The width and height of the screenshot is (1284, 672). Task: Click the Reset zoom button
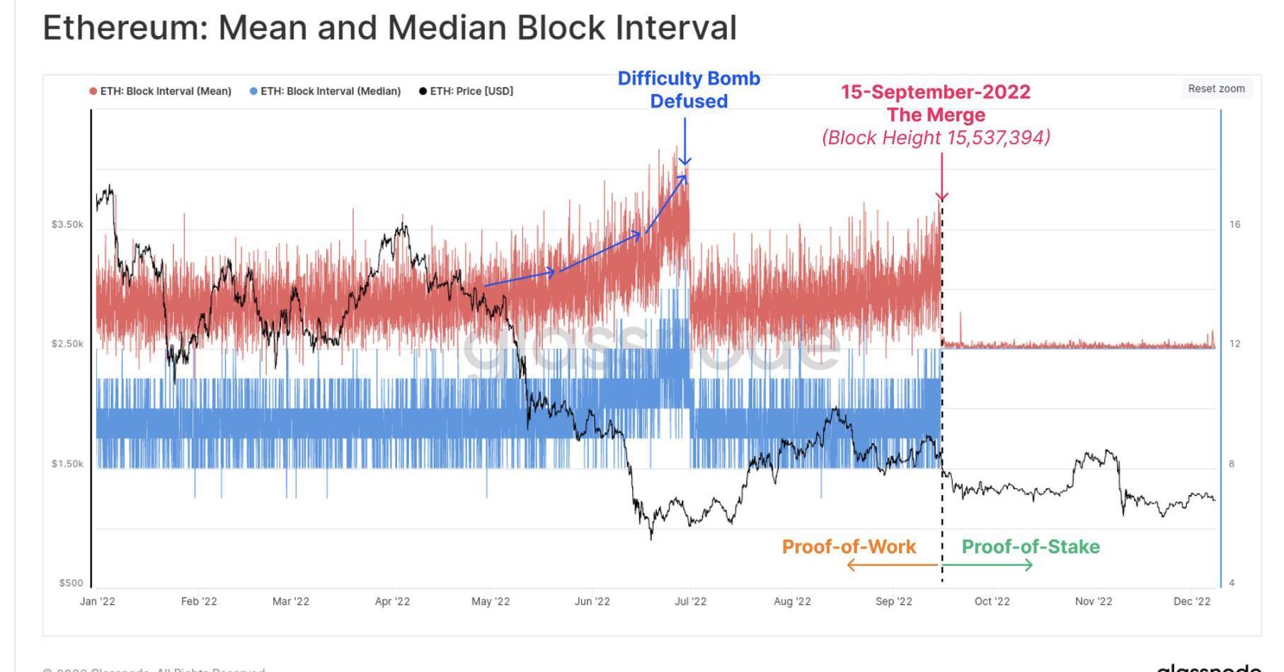1215,88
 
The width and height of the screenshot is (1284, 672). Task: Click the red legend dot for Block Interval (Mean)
93,91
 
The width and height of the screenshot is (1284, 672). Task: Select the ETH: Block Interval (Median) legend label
330,91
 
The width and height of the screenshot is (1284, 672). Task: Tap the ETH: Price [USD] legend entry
471,91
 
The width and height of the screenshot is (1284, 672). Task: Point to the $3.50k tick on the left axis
67,224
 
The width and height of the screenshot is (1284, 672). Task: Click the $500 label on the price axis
71,583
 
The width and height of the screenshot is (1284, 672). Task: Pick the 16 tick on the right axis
1234,224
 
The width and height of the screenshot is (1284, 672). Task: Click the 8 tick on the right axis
1232,464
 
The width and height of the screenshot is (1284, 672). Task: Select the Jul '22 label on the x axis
690,601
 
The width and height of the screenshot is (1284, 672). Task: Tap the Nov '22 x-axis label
1093,601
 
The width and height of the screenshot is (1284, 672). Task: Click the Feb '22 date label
199,601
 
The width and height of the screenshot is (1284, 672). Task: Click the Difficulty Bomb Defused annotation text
689,89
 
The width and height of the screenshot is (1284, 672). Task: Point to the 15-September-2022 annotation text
935,92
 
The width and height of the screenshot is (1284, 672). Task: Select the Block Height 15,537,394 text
936,137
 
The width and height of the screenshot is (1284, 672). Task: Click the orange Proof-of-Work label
849,547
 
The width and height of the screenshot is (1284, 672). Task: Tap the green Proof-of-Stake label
1030,547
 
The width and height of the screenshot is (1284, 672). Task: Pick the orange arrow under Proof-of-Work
893,564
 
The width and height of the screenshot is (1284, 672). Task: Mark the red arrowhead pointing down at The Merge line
941,196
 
